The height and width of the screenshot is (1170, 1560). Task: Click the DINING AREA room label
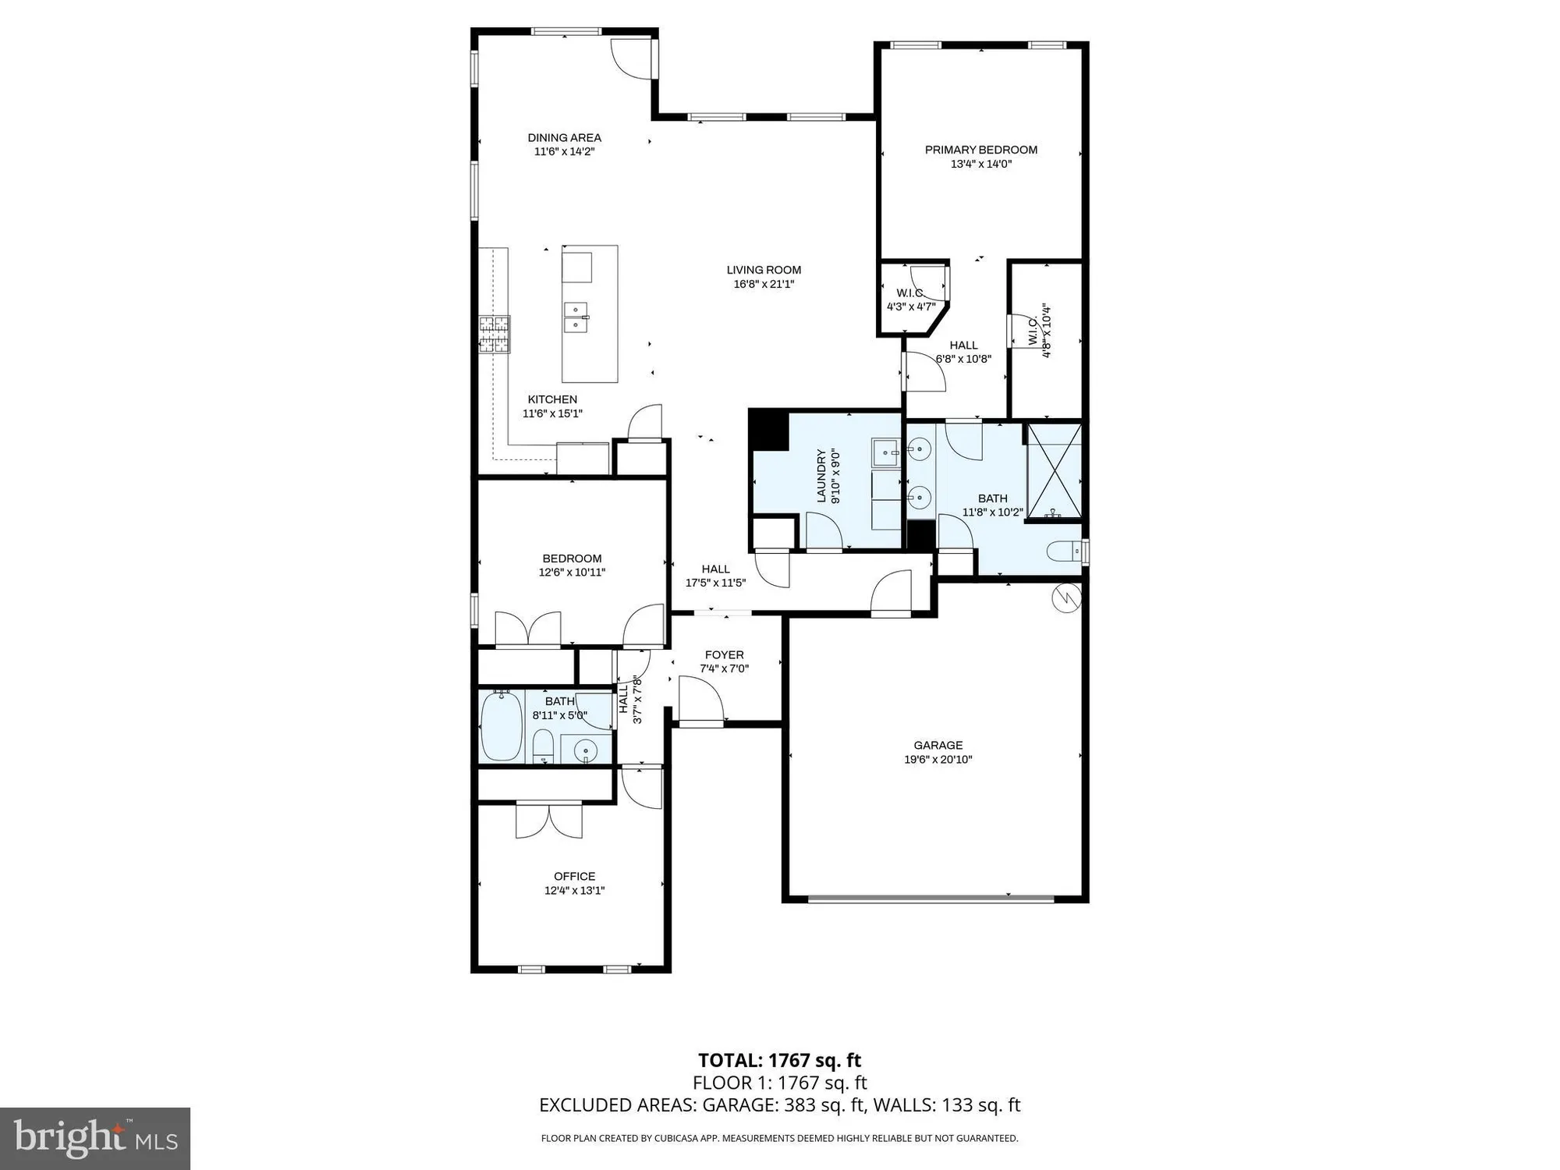point(564,138)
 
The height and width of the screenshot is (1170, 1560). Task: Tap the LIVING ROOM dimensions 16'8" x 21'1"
point(764,285)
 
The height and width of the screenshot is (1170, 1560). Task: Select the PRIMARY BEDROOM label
point(980,150)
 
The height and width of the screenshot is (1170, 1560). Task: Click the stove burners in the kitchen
point(494,334)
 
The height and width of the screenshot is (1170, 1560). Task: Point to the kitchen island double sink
point(576,317)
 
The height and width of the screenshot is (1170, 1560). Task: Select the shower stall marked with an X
point(1055,471)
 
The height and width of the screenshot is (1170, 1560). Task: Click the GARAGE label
point(938,745)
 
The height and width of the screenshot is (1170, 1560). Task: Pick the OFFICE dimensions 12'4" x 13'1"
point(574,891)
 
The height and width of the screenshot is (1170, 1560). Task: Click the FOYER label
point(724,655)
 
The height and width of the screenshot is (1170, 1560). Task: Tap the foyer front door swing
point(700,699)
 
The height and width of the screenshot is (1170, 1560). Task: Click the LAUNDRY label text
point(821,476)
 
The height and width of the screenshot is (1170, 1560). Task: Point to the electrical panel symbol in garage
point(1065,597)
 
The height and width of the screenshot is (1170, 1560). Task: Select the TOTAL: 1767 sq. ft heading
point(779,1060)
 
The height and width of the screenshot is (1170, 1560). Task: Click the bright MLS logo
point(95,1139)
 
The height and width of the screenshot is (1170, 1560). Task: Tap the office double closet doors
point(548,821)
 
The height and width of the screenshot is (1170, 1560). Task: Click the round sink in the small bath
point(585,750)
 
